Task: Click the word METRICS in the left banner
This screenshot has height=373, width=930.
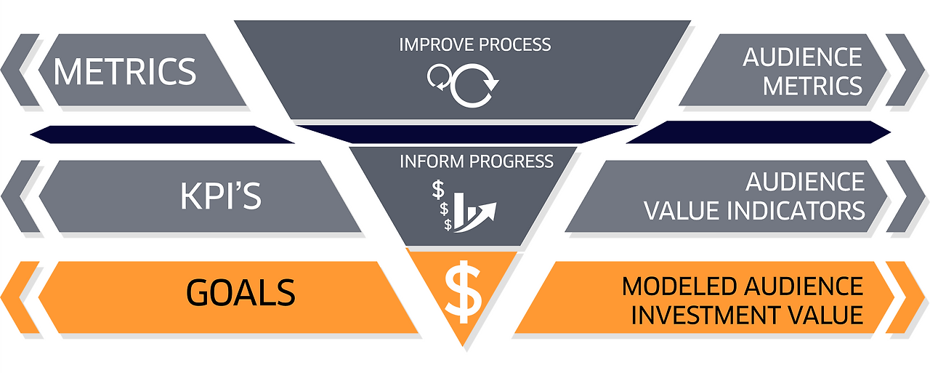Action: click(125, 71)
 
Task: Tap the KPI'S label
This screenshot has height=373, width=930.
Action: click(221, 196)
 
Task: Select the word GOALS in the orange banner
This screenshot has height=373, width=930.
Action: click(240, 292)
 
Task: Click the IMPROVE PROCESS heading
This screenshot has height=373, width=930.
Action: click(475, 44)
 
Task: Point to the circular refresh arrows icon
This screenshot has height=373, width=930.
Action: click(464, 85)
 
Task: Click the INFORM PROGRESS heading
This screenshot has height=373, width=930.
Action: click(476, 161)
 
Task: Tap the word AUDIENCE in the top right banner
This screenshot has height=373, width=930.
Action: click(802, 57)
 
